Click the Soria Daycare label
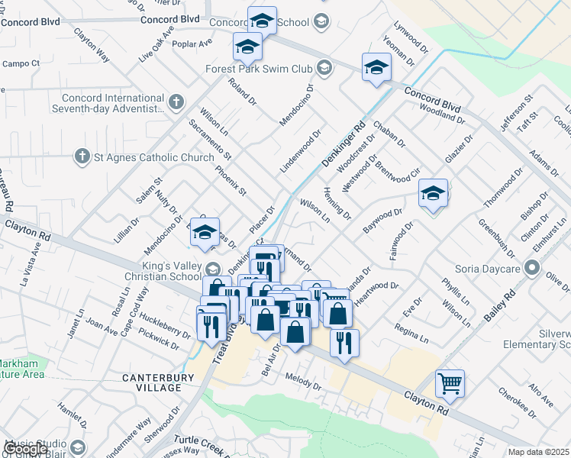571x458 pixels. click(x=489, y=269)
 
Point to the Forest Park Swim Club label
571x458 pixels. click(x=259, y=69)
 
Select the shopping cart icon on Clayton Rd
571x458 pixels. click(x=450, y=383)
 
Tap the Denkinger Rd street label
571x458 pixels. click(x=349, y=140)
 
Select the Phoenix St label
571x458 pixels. click(x=231, y=180)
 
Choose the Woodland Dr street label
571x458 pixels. click(x=447, y=118)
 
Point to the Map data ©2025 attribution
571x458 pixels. click(x=539, y=452)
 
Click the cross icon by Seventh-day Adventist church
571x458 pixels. click(x=176, y=102)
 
